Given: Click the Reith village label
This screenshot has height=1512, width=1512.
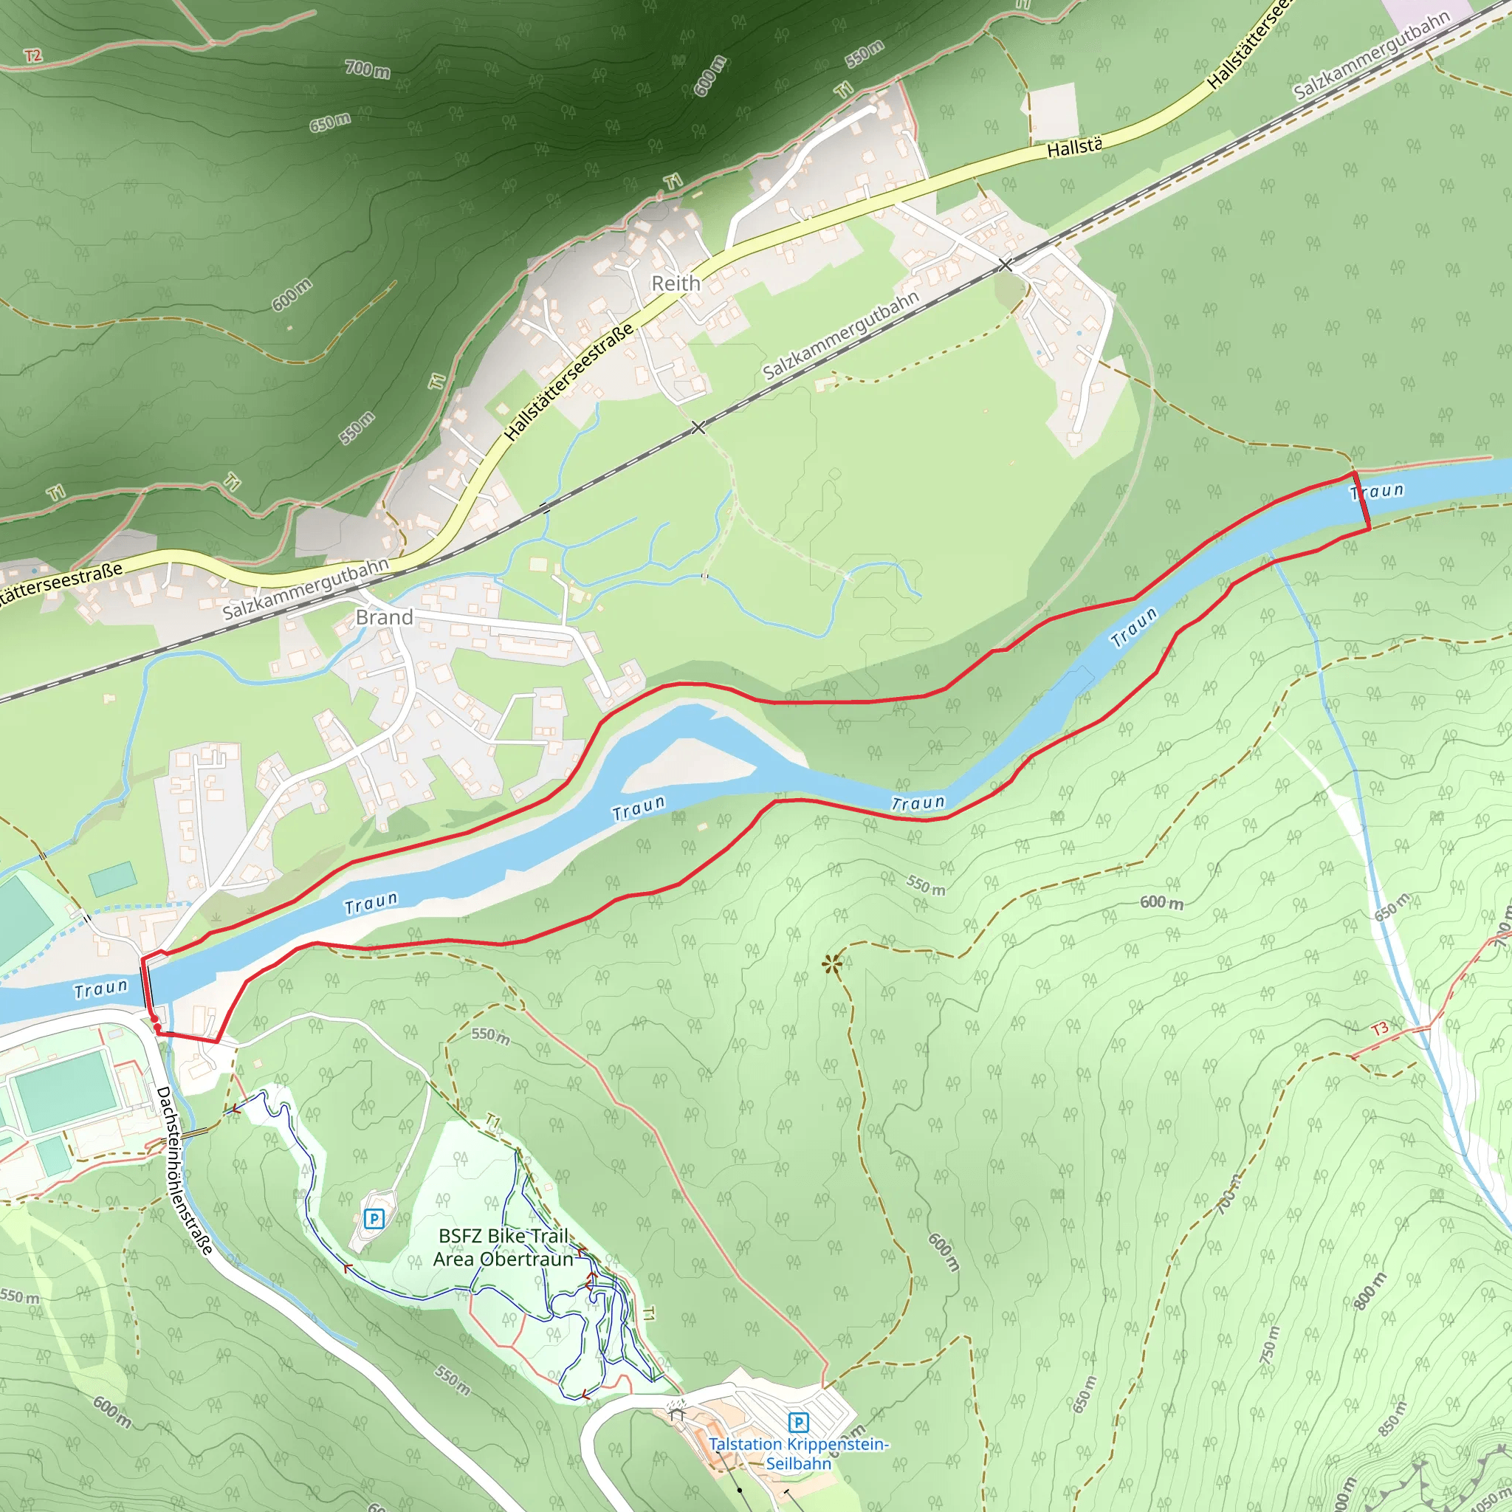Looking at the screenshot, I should [x=676, y=283].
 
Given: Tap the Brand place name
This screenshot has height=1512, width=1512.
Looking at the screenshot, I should [x=384, y=617].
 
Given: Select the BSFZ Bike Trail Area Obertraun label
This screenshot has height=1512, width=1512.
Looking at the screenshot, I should [x=504, y=1248].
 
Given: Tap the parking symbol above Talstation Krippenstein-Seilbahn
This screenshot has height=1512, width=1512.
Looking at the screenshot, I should [x=798, y=1422].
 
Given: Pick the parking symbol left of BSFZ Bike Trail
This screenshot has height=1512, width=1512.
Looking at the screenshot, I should [x=374, y=1218].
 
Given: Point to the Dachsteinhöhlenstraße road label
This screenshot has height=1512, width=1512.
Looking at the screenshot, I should [x=185, y=1169].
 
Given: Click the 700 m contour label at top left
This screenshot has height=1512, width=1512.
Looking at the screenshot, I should [x=368, y=69].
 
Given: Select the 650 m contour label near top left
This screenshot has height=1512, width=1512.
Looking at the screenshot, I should [x=329, y=123].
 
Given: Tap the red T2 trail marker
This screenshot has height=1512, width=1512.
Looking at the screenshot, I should [x=33, y=55].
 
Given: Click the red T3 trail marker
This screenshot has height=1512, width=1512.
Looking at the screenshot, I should [x=1380, y=1028].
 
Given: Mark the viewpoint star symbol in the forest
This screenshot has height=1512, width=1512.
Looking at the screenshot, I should [x=831, y=963].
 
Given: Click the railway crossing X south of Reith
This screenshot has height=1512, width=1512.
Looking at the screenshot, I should [x=699, y=427].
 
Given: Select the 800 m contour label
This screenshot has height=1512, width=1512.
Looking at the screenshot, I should [x=1370, y=1291].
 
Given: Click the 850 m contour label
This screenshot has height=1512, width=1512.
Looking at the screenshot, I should [x=1392, y=1418].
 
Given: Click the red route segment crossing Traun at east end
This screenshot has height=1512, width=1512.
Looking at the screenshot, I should [x=1361, y=501].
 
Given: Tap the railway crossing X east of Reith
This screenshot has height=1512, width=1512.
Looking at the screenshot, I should [x=1006, y=265].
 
